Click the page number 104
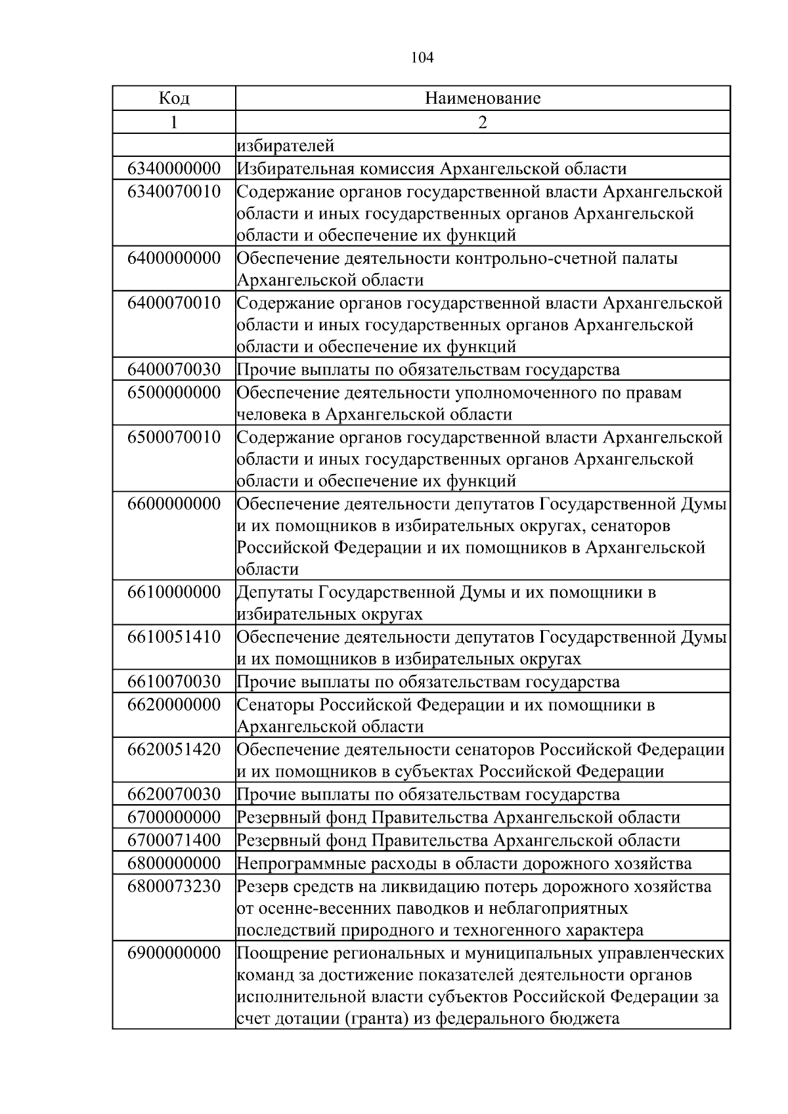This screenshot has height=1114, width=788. pos(422,58)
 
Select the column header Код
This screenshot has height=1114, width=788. pos(174,98)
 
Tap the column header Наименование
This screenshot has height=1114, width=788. pos(483,98)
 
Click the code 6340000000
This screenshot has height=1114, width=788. pos(174,169)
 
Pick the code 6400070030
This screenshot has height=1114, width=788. pos(174,370)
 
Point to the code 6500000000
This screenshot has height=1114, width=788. pos(174,393)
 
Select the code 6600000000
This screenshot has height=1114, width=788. pos(174,504)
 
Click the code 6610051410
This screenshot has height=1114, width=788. pos(174,637)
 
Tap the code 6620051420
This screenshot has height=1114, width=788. pos(174,750)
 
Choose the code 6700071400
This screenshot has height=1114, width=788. pos(174,840)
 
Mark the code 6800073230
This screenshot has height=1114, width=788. pos(174,886)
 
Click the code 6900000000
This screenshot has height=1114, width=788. pos(174,953)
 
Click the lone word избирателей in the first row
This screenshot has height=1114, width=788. pos(286,145)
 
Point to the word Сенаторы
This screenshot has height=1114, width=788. pos(275,705)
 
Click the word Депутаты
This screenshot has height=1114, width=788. pos(274,593)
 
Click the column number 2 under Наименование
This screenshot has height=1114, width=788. pos(483,122)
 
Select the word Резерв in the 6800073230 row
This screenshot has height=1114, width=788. pos(260,886)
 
